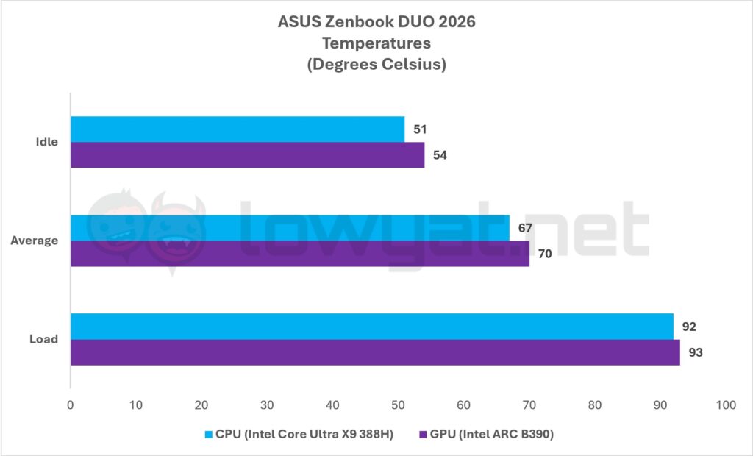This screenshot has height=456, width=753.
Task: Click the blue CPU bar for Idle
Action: pos(237,129)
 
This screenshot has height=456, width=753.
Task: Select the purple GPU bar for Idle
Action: pos(247,154)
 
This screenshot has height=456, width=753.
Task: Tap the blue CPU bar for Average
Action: pos(290,227)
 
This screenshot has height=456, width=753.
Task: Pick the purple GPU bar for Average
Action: pos(299,253)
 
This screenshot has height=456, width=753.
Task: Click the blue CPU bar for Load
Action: pos(371,326)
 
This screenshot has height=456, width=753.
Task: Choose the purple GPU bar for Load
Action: pos(375,352)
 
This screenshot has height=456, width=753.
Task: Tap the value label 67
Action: pos(525,228)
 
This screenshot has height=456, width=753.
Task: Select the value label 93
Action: pos(696,352)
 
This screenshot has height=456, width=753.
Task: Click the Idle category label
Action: pos(46,142)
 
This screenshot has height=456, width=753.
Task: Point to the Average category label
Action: pos(35,241)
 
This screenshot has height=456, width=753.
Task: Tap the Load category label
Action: pos(44,339)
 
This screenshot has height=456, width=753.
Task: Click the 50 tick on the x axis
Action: pos(398,405)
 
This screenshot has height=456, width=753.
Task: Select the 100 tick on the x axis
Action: pos(726,405)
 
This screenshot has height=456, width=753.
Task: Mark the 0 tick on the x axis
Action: pos(70,405)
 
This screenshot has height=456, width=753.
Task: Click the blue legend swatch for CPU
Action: pos(209,435)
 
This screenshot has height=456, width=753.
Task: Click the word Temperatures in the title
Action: pos(376,43)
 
